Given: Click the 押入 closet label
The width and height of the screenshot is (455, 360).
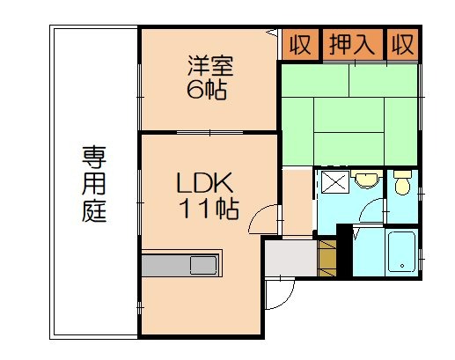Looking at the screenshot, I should click(x=351, y=44).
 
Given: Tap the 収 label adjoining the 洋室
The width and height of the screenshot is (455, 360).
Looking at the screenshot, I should click(x=300, y=44).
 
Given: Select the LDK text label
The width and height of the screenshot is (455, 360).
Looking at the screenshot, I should click(x=203, y=184).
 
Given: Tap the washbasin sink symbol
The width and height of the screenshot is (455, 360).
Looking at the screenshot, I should click(x=365, y=181).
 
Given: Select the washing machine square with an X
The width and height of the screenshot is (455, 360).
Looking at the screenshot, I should click(x=334, y=184).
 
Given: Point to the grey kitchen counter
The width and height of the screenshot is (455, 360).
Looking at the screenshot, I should click(x=180, y=264).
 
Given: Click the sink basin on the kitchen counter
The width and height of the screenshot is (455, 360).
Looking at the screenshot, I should click(x=202, y=264).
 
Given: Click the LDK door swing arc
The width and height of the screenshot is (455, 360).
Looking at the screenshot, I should click(x=265, y=220).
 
